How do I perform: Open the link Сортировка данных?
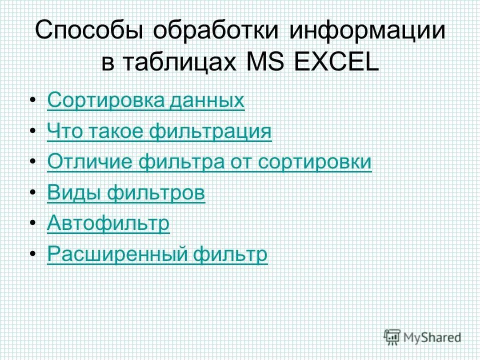coord(146,101)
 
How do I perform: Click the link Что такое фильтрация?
coord(159,132)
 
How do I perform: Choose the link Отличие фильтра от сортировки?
coord(209,163)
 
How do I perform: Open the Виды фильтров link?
coord(126,193)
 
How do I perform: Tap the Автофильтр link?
coord(108,224)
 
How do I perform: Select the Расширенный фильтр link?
coord(157,255)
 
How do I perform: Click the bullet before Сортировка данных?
coord(33,102)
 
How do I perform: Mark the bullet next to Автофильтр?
coord(33,225)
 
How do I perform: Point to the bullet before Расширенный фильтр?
coord(33,256)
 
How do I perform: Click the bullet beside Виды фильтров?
coord(33,194)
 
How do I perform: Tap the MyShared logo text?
coord(433,337)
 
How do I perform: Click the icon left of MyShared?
coord(392,336)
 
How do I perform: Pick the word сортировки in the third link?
coord(314,163)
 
